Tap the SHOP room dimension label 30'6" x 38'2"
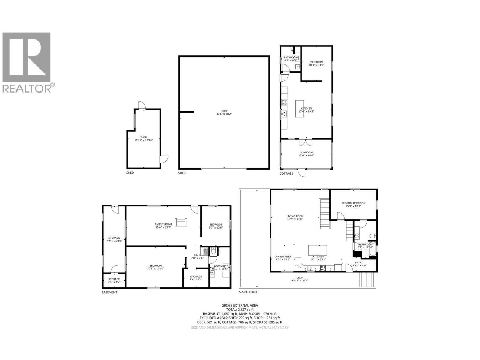pyautogui.click(x=224, y=114)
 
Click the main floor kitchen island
pyautogui.click(x=318, y=250)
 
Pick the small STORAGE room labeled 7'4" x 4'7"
pyautogui.click(x=114, y=280)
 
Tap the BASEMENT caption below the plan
pyautogui.click(x=109, y=292)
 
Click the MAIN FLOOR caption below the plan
pyautogui.click(x=248, y=292)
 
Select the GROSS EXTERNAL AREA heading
pyautogui.click(x=240, y=305)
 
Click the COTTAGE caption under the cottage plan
pyautogui.click(x=286, y=173)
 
